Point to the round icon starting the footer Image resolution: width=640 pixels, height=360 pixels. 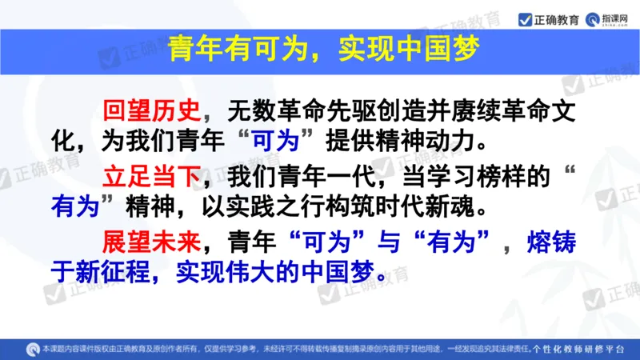point(32,350)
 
